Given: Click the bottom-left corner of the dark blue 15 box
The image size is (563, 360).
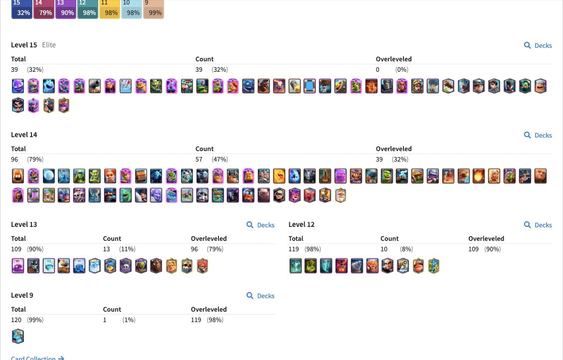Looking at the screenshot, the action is click(x=11, y=18).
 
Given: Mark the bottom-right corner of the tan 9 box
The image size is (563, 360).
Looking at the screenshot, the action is click(x=164, y=18).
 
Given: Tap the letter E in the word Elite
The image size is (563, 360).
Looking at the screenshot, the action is click(x=44, y=45).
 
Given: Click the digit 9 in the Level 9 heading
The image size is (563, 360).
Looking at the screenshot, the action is click(x=31, y=295).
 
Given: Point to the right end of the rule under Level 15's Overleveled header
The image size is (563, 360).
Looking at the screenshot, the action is click(x=552, y=64).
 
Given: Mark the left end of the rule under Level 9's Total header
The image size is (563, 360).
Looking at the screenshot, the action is click(x=11, y=315).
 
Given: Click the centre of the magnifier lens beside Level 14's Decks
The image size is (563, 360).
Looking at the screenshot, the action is click(x=527, y=135).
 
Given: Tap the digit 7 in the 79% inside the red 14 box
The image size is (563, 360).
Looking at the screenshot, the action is click(x=41, y=13).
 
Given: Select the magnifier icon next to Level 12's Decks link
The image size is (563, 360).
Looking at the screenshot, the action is click(x=528, y=225).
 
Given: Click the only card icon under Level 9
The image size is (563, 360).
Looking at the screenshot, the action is click(x=17, y=337).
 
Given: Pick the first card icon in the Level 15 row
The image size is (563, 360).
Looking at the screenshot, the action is click(x=17, y=86).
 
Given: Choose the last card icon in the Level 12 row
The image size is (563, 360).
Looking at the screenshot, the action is click(x=434, y=266).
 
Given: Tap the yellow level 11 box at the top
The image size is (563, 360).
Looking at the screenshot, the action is click(x=110, y=9).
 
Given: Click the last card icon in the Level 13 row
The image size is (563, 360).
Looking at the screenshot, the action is click(x=202, y=266).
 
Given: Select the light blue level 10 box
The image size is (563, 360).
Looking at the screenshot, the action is click(x=132, y=9).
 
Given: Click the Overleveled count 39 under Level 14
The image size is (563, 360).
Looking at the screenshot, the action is click(x=379, y=160).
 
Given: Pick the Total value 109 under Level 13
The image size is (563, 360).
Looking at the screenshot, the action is click(x=16, y=249).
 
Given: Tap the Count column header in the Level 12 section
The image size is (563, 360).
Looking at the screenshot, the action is click(x=389, y=239).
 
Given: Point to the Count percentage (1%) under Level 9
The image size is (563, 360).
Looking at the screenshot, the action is click(x=129, y=320).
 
